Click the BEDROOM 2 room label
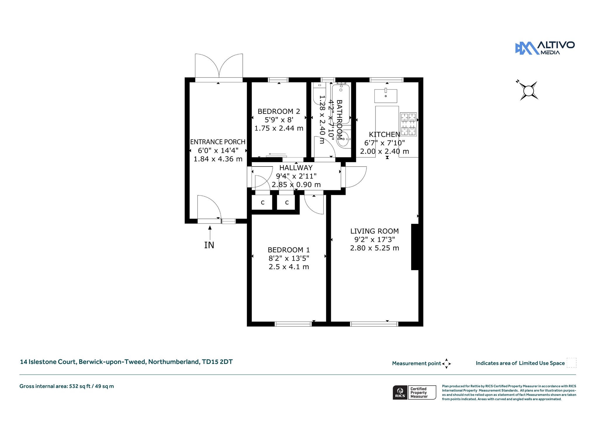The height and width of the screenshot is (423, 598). point(279,111)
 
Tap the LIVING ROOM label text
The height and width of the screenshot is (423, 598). point(375,231)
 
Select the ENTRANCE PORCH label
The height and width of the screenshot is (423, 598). point(218,142)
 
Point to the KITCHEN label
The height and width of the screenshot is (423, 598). point(384,134)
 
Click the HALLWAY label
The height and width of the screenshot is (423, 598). point(296,168)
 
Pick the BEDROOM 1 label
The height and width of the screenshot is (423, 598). point(289,250)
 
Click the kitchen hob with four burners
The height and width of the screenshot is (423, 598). point(408,124)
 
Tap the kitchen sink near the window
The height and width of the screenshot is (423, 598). point(386,96)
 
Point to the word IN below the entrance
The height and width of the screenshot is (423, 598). point(209,245)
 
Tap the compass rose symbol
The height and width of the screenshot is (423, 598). point(528,91)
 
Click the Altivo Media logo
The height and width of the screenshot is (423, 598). point(545,48)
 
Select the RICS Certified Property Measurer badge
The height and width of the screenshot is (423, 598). point(414,392)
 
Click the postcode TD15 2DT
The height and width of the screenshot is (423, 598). point(217,362)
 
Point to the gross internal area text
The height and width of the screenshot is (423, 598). point(67,386)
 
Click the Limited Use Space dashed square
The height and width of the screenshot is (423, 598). point(571,363)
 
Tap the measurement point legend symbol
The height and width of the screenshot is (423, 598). point(446,364)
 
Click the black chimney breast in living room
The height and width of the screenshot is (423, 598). point(415,247)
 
